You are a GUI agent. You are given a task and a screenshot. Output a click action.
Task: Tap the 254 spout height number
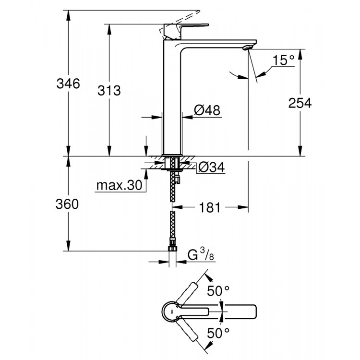(300, 102)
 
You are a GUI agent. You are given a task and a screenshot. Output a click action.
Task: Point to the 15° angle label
(283, 60)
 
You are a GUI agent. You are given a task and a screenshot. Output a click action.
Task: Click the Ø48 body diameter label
(207, 110)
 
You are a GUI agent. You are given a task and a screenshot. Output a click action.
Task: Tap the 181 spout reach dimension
(210, 207)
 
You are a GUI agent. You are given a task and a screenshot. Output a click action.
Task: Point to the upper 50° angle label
(219, 290)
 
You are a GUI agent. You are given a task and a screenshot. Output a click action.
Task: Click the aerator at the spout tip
(247, 47)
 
